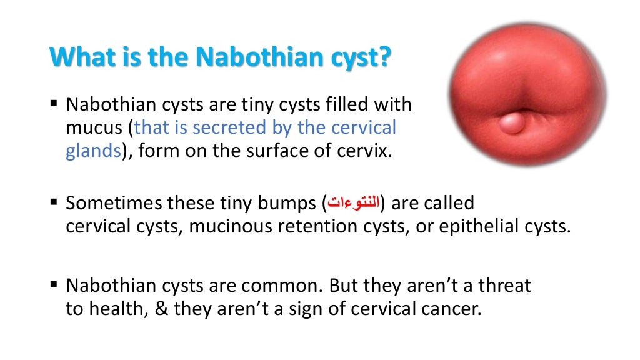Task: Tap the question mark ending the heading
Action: [385, 57]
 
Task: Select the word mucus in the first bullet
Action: [94, 128]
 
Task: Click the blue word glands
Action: [92, 152]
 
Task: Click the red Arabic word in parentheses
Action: [354, 204]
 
